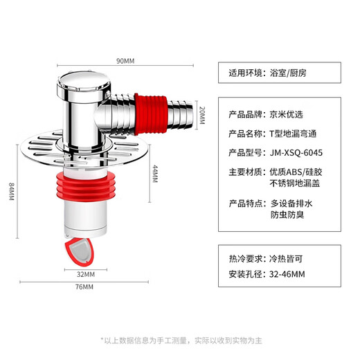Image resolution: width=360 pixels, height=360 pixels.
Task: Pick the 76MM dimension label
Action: click(84, 287)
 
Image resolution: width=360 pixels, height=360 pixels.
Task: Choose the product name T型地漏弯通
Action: click(294, 133)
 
